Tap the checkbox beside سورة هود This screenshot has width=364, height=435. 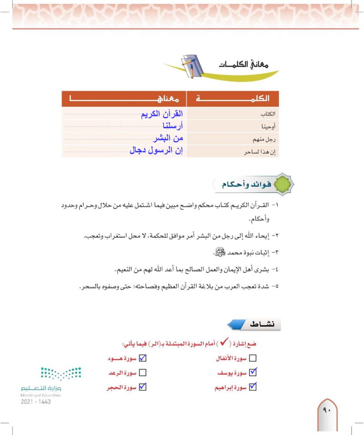coord(142,358)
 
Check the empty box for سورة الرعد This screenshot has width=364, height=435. coord(142,373)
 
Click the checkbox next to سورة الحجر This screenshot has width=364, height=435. coord(142,387)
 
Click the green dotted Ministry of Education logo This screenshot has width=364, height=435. coord(61,374)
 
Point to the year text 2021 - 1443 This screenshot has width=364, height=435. coord(35,402)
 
